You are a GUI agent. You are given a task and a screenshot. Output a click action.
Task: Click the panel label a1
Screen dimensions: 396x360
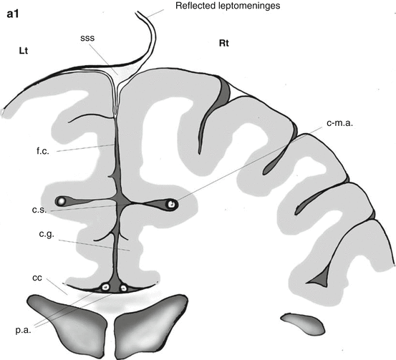[13, 14]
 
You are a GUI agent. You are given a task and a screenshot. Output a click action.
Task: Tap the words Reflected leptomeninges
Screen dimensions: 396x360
[228, 6]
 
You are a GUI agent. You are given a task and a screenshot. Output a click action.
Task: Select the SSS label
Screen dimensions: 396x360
[87, 38]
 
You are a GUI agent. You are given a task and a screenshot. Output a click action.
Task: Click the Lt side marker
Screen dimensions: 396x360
[23, 51]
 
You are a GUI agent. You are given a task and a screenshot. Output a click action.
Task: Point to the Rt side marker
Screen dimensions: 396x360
[223, 44]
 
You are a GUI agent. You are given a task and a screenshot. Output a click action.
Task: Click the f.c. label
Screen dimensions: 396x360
[43, 151]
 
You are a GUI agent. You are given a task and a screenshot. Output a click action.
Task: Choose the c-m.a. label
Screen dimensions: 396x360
[339, 123]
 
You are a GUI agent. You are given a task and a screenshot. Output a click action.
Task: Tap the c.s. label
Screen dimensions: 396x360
[39, 210]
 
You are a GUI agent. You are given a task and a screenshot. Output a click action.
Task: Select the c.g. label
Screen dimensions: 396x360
[47, 234]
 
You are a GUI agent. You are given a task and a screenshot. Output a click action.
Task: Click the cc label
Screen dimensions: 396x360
[37, 278]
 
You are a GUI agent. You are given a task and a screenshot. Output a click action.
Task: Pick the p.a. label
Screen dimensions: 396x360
[23, 330]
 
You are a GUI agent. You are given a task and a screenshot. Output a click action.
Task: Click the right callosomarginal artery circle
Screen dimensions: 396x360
[171, 204]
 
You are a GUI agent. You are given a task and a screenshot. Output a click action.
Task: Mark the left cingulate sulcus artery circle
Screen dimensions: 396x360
[61, 201]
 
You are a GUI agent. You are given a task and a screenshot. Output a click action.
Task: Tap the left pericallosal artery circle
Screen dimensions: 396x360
[105, 287]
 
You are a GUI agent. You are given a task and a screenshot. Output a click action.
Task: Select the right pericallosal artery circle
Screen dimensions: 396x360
[123, 288]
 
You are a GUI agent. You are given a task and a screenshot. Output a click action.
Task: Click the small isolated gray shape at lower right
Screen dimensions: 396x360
[303, 323]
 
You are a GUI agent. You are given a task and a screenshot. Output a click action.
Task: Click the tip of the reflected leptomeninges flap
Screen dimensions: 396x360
[137, 12]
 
